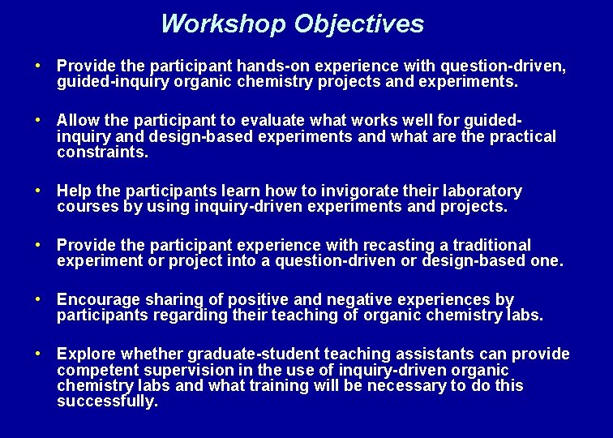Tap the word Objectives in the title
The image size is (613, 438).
pyautogui.click(x=358, y=24)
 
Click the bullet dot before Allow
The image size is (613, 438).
pyautogui.click(x=37, y=119)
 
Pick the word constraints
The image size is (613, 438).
pyautogui.click(x=101, y=152)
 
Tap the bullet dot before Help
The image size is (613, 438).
pyautogui.click(x=37, y=191)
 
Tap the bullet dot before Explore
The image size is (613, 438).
pyautogui.click(x=37, y=354)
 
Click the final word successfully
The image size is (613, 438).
pyautogui.click(x=107, y=401)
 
